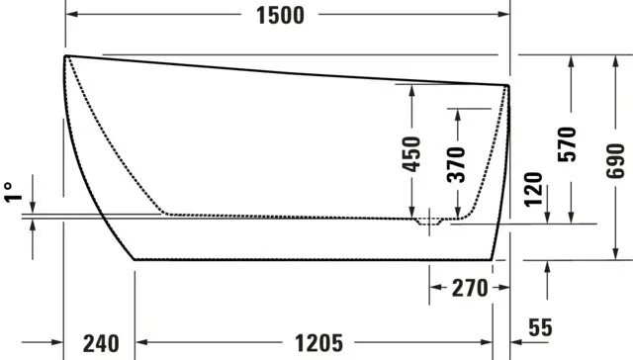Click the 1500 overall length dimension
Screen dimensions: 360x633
pyautogui.click(x=280, y=16)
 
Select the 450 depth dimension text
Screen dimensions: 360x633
pyautogui.click(x=412, y=154)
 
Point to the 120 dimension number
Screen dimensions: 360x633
pyautogui.click(x=534, y=187)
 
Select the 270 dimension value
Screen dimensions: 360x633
pyautogui.click(x=470, y=289)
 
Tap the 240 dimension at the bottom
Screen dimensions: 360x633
pyautogui.click(x=100, y=344)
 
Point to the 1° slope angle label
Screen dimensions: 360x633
pyautogui.click(x=11, y=191)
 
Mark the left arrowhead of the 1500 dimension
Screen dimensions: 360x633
pyautogui.click(x=72, y=16)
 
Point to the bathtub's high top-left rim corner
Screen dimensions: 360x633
pyautogui.click(x=66, y=55)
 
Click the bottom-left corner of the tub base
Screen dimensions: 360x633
pyautogui.click(x=135, y=259)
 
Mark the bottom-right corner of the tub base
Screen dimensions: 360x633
pyautogui.click(x=494, y=259)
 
